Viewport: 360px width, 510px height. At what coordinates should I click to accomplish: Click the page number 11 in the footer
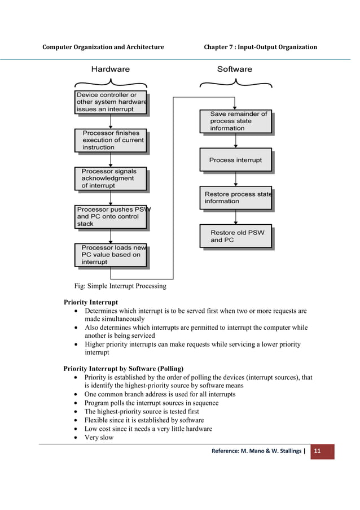pyautogui.click(x=318, y=451)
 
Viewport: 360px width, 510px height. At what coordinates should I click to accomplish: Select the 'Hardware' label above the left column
pyautogui.click(x=111, y=69)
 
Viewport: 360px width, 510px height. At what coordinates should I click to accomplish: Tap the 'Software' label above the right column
pyautogui.click(x=235, y=69)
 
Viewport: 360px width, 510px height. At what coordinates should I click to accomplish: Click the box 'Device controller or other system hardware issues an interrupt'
pyautogui.click(x=111, y=102)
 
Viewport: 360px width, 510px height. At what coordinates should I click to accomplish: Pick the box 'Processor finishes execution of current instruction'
pyautogui.click(x=111, y=140)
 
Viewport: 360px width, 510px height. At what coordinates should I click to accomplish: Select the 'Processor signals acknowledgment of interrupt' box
pyautogui.click(x=111, y=178)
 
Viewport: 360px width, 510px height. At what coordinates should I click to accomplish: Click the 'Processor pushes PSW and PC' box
pyautogui.click(x=111, y=216)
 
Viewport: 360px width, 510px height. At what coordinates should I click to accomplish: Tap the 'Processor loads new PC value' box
pyautogui.click(x=111, y=255)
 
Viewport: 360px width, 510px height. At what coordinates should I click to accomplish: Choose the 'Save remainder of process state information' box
pyautogui.click(x=235, y=121)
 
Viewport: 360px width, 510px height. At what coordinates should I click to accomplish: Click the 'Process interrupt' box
pyautogui.click(x=235, y=160)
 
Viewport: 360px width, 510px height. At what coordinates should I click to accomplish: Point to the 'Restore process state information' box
pyautogui.click(x=235, y=198)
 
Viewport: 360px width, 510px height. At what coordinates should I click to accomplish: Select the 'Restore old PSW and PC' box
pyautogui.click(x=235, y=236)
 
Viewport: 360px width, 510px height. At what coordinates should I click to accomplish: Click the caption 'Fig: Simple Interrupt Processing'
pyautogui.click(x=121, y=286)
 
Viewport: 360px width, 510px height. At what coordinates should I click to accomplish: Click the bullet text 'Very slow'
pyautogui.click(x=99, y=437)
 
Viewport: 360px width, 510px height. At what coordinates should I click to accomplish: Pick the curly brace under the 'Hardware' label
pyautogui.click(x=111, y=84)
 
